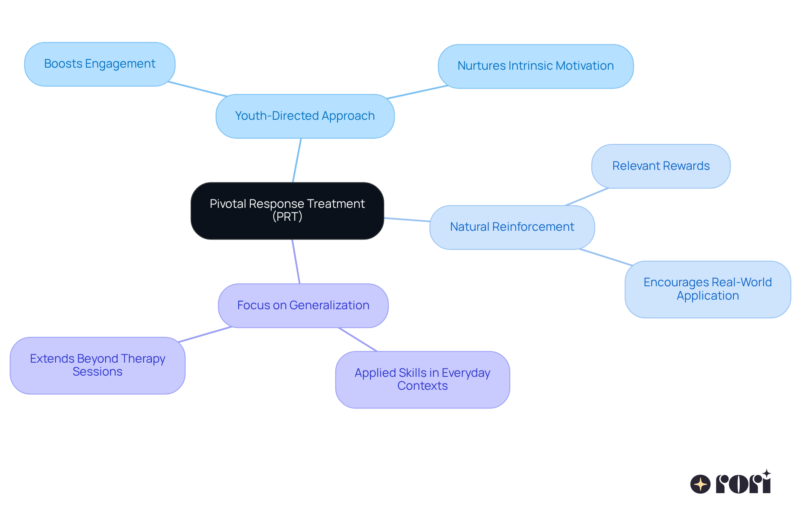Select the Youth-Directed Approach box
click(305, 116)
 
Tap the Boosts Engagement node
click(100, 64)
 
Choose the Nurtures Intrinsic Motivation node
click(536, 66)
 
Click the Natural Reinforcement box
click(512, 227)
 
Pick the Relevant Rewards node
click(661, 166)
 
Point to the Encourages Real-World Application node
click(708, 289)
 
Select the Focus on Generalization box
click(303, 305)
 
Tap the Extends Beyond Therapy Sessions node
click(98, 365)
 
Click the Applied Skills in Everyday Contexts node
click(423, 379)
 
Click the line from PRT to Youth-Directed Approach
click(297, 160)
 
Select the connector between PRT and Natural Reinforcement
click(407, 219)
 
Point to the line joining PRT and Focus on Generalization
click(296, 262)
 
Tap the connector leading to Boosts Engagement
click(197, 89)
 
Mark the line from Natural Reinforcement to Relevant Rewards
click(587, 197)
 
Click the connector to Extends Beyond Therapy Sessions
click(205, 334)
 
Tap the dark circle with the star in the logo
click(700, 484)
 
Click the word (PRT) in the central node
click(287, 217)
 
